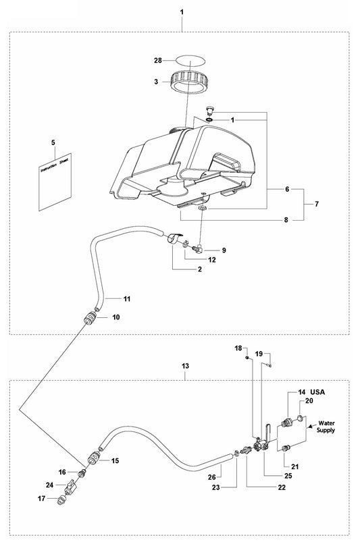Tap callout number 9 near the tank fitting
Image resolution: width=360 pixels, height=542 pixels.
pyautogui.click(x=224, y=250)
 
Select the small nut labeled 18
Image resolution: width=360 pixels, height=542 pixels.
pyautogui.click(x=248, y=357)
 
